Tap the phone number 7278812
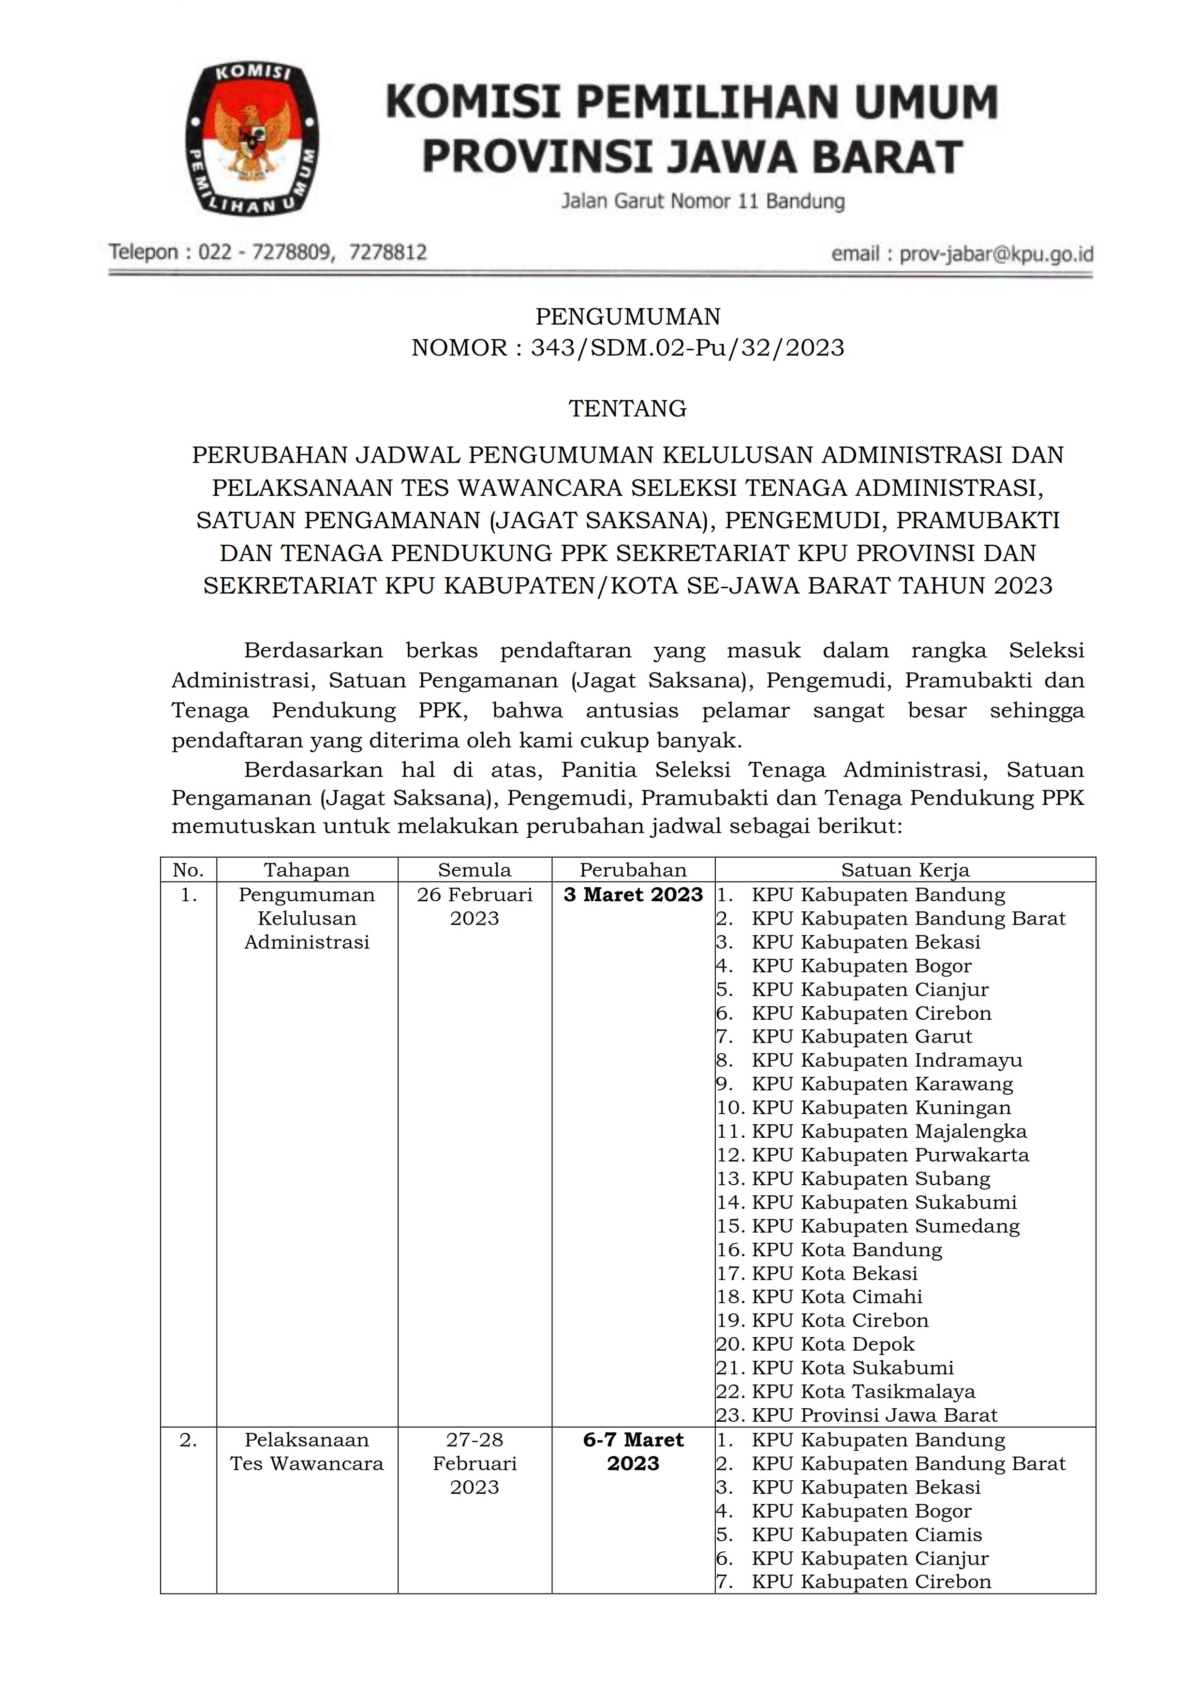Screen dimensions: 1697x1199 [388, 253]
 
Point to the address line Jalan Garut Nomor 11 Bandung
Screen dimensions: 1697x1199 [703, 201]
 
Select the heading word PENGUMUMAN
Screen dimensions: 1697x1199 [628, 316]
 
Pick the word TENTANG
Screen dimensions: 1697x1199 [628, 409]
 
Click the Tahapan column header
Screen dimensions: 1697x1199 [307, 870]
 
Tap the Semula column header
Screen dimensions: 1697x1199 [474, 870]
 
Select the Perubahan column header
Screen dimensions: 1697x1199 [633, 870]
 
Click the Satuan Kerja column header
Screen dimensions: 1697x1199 [905, 870]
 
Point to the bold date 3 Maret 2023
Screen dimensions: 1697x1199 [633, 895]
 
